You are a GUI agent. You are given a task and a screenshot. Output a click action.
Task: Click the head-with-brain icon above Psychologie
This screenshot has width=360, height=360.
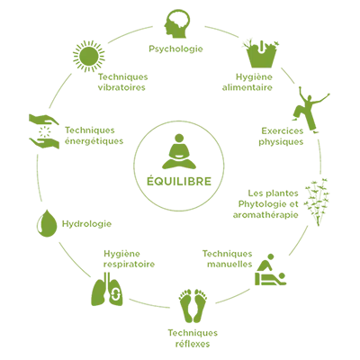click(177, 23)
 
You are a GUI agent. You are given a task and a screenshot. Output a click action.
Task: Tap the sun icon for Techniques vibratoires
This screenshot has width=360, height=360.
click(89, 56)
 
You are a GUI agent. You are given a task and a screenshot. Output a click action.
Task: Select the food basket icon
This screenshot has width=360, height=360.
click(261, 53)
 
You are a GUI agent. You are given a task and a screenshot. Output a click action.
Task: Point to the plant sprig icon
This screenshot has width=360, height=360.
click(316, 202)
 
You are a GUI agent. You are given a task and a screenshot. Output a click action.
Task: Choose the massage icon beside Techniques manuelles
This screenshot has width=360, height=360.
click(270, 270)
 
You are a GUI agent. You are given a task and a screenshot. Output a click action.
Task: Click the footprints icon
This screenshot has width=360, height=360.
click(193, 305)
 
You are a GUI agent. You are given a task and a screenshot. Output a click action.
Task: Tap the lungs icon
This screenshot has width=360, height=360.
click(107, 289)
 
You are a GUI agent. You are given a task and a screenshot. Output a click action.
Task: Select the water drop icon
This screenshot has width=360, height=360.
click(47, 223)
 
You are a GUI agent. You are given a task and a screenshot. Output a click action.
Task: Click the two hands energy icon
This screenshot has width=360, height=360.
click(44, 131)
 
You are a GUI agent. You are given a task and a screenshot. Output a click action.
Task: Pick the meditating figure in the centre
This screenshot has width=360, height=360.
click(179, 151)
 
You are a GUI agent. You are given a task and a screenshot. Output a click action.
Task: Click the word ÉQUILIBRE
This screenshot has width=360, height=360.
click(179, 181)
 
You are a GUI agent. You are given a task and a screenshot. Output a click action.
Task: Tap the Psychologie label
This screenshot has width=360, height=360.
click(175, 49)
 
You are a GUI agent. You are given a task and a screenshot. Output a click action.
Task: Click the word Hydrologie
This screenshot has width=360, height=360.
click(86, 224)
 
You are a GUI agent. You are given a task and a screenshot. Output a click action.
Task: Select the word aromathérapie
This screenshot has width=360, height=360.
click(265, 215)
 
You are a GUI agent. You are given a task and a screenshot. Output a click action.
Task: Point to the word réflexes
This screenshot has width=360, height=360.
click(193, 343)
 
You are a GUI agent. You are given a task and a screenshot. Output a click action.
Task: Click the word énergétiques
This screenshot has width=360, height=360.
click(94, 140)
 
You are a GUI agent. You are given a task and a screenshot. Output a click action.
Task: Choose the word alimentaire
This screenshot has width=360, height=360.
click(247, 87)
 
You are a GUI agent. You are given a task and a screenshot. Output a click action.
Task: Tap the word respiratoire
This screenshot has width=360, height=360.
click(129, 265)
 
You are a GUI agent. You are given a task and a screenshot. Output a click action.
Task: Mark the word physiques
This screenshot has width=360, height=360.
click(281, 141)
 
